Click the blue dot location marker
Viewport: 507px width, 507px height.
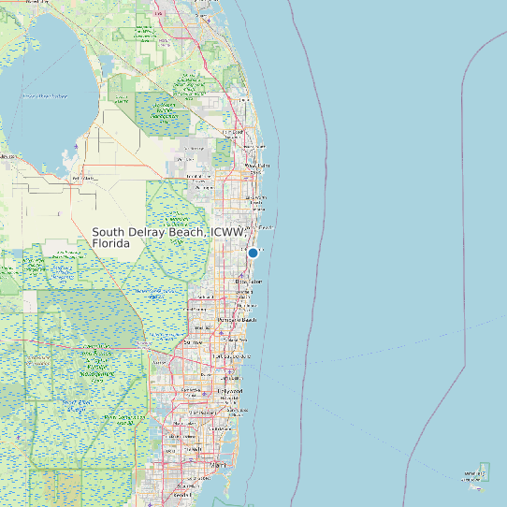253,253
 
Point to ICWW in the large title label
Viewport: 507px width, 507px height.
226,232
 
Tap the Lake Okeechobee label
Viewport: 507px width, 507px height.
45,95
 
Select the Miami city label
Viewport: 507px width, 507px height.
217,465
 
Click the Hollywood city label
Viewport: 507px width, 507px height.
229,391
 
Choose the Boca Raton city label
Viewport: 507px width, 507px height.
249,282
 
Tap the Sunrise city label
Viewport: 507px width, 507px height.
194,342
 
